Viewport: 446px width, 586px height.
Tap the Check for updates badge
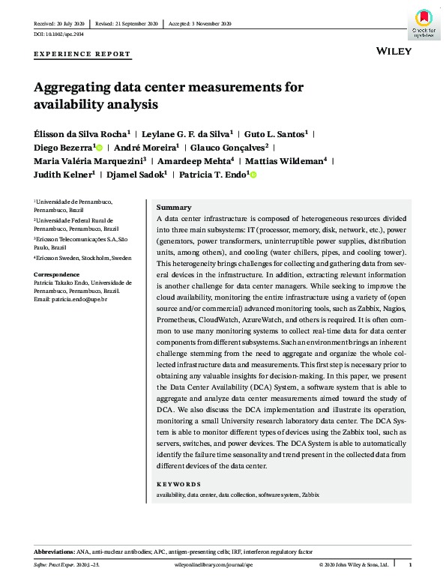pos(422,22)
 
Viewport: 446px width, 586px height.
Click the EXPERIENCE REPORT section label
pos(82,55)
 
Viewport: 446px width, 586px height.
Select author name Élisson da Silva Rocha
pos(80,133)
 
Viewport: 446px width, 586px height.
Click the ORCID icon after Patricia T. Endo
pos(253,175)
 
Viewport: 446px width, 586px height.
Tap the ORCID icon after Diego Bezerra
pos(97,148)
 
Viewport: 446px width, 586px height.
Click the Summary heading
pos(173,208)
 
